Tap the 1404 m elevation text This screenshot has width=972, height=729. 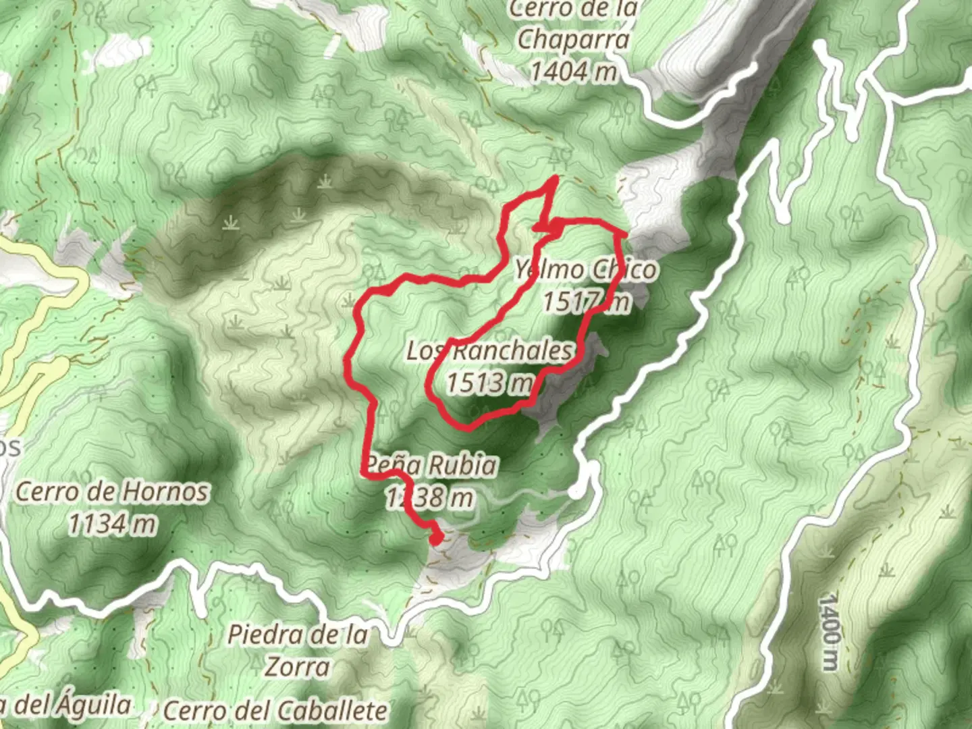click(x=573, y=71)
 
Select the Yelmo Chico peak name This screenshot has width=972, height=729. click(x=585, y=270)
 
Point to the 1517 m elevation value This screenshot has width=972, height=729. click(x=587, y=302)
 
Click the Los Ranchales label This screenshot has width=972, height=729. click(x=490, y=350)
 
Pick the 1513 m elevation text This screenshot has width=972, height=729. click(x=489, y=383)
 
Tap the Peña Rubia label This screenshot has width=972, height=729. click(x=431, y=465)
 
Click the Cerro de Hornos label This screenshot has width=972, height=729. click(x=112, y=491)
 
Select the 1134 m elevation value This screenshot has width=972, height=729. click(x=112, y=524)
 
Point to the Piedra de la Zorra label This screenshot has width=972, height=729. click(x=298, y=650)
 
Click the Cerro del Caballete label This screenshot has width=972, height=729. click(x=275, y=710)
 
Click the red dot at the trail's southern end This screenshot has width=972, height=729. click(x=436, y=538)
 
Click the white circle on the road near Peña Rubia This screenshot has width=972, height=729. click(x=575, y=491)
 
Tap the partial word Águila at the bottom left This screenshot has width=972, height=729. click(x=92, y=705)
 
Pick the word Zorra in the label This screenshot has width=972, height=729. click(x=297, y=667)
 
